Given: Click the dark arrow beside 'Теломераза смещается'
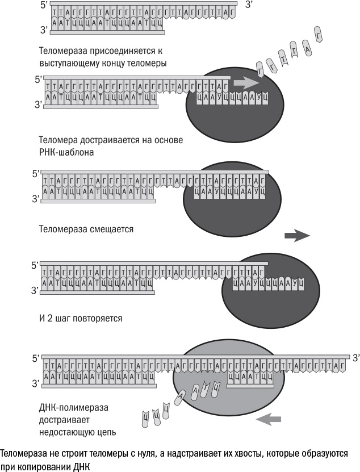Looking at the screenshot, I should point(297,235).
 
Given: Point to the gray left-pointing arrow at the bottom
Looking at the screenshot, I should point(269,419).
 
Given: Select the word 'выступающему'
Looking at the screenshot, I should point(68,62).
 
